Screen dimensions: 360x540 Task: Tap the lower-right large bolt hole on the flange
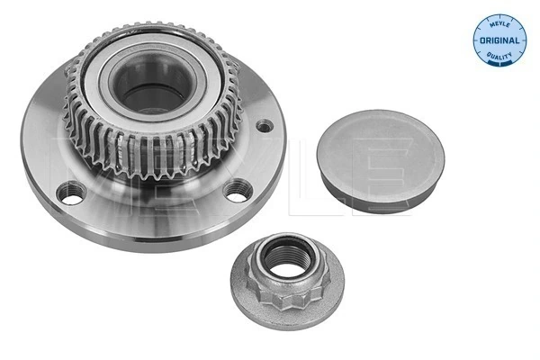[x=237, y=189]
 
